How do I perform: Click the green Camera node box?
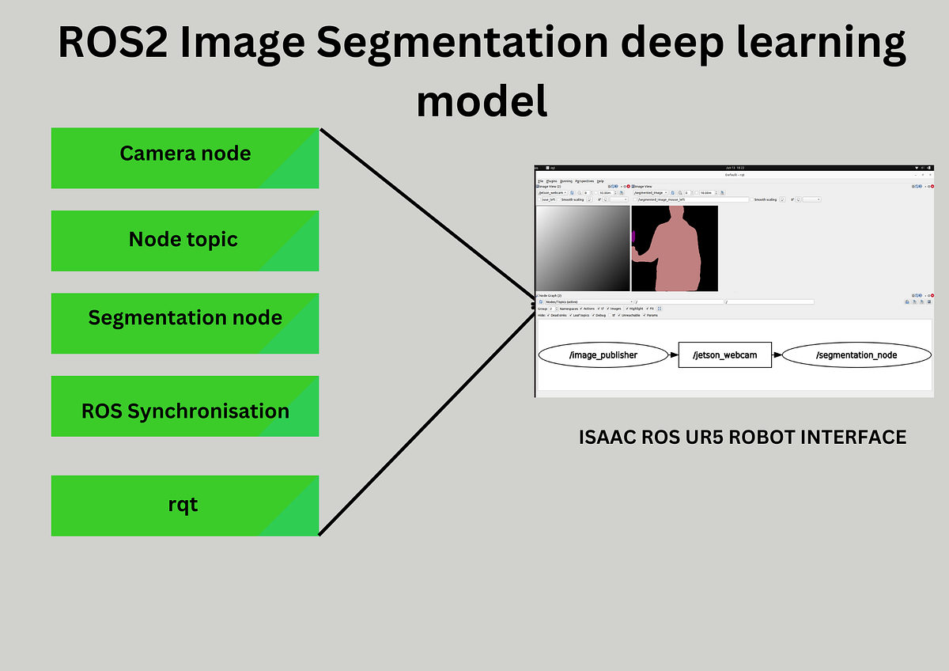click(185, 158)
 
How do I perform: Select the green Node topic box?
click(185, 241)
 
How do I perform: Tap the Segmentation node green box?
click(185, 323)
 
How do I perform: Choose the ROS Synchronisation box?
click(185, 406)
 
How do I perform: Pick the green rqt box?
click(185, 505)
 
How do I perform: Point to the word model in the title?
click(482, 101)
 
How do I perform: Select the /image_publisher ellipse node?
click(603, 355)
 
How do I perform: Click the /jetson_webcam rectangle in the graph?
click(725, 355)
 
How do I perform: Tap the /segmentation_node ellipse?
click(856, 355)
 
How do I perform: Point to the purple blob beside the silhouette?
click(633, 236)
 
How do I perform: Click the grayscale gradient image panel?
click(583, 248)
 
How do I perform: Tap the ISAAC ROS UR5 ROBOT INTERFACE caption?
click(743, 437)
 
